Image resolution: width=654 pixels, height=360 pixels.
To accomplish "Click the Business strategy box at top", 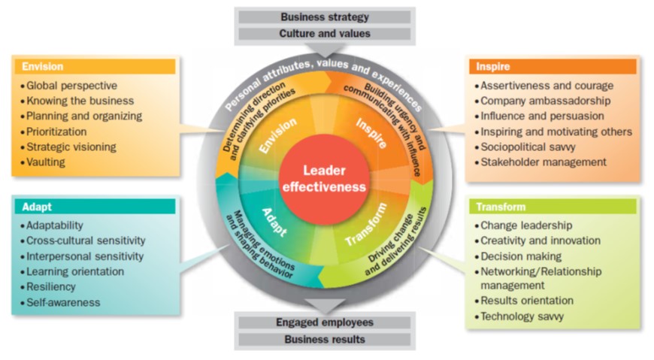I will [325, 16].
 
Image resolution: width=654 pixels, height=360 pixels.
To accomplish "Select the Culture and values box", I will [325, 34].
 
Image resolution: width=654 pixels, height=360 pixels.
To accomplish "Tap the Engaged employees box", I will [325, 322].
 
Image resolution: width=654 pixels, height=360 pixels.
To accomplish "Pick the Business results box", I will [325, 340].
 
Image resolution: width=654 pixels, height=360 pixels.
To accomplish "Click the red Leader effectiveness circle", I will [324, 178].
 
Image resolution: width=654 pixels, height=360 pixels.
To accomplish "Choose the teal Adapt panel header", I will [95, 206].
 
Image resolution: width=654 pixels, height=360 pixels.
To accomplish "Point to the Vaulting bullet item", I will [46, 161].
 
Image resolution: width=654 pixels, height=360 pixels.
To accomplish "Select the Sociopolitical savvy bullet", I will [531, 146].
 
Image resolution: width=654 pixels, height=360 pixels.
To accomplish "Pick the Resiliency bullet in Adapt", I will [53, 287].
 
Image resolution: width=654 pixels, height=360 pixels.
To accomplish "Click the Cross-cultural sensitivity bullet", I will [86, 241].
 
